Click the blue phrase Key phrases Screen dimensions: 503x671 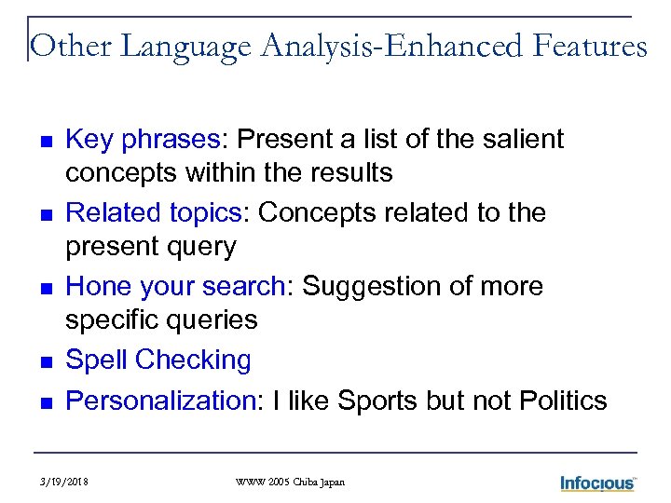tap(143, 140)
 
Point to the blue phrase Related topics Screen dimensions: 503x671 tap(154, 213)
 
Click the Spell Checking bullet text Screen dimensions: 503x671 tap(159, 360)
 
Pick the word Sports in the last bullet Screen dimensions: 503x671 tap(378, 401)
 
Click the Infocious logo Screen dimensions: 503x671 tap(597, 483)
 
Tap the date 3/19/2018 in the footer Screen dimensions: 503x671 tap(66, 482)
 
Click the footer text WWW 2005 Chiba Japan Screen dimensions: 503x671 tap(290, 482)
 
